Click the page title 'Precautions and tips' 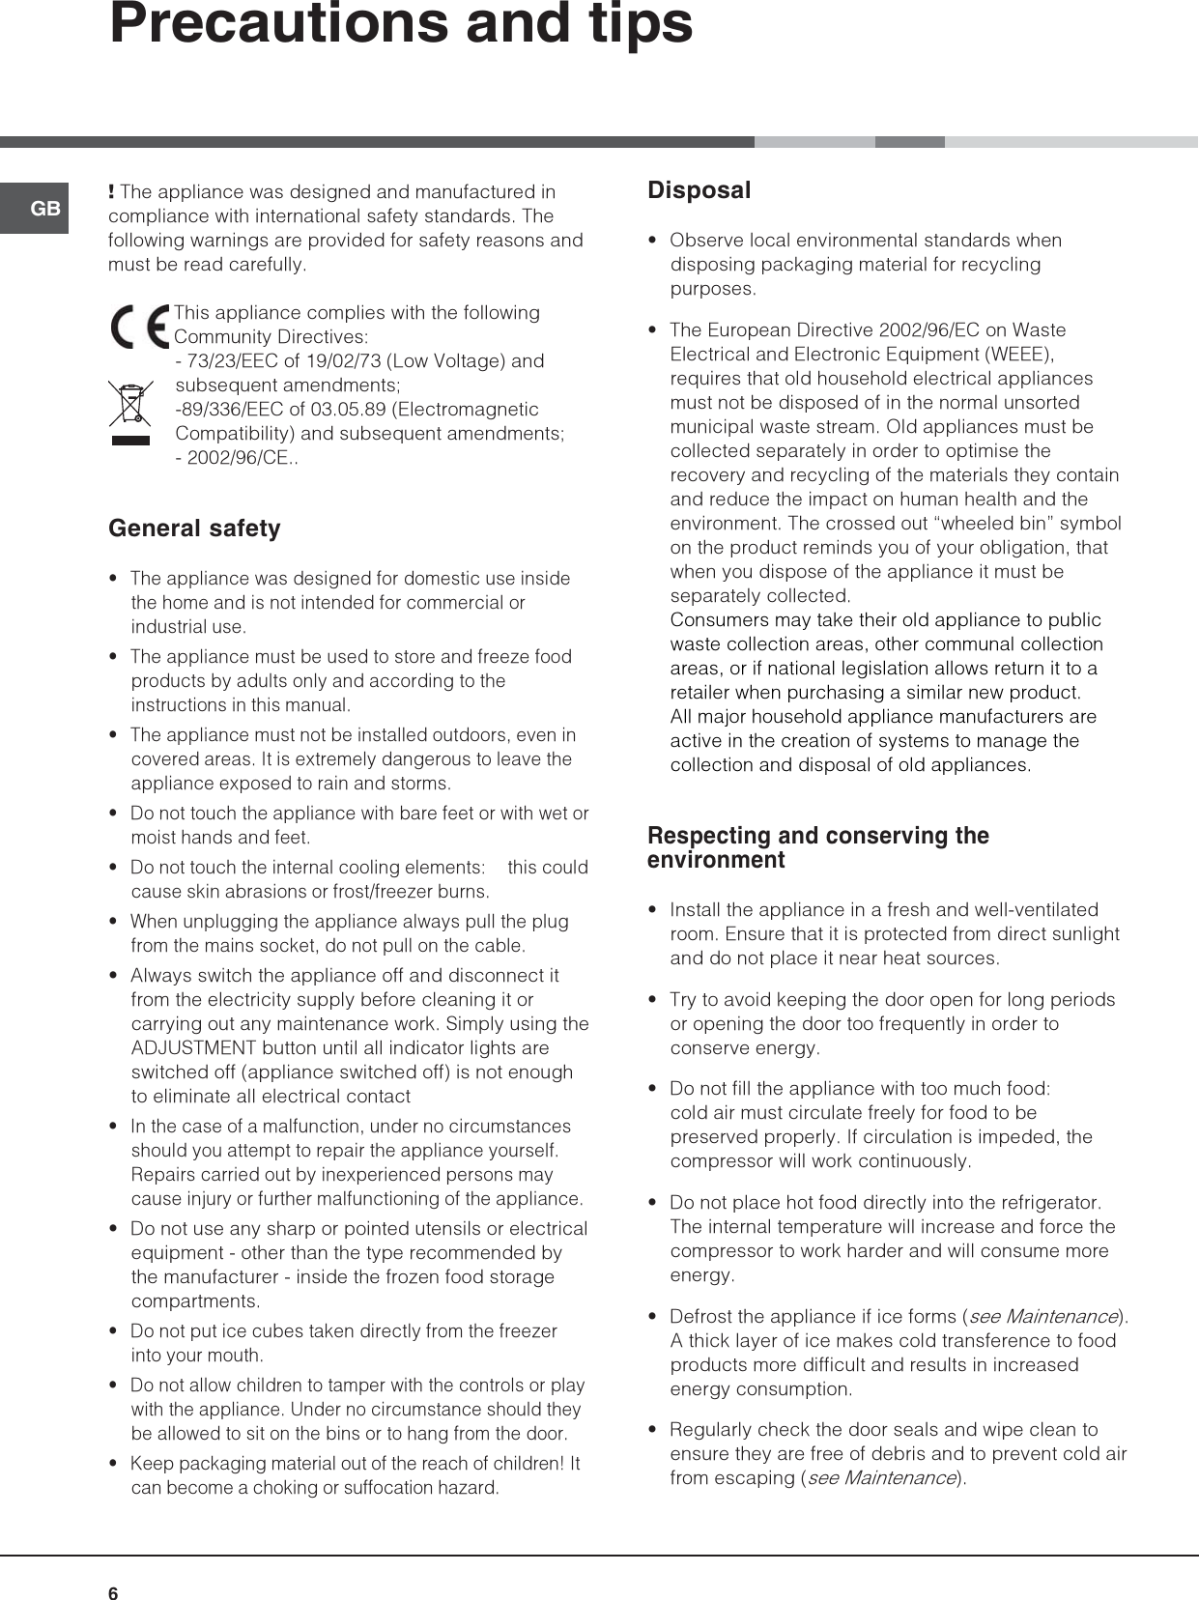tap(401, 23)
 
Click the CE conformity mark tap(139, 326)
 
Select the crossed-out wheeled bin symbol tap(131, 412)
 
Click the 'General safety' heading tap(194, 529)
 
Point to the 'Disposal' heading tap(699, 190)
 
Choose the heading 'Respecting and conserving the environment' tap(817, 847)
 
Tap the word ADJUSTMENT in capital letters tap(194, 1048)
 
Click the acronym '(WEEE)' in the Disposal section tap(1018, 354)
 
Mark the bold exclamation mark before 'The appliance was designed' tap(112, 191)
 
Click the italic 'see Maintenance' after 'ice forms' tap(1042, 1316)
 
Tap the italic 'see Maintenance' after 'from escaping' tap(881, 1477)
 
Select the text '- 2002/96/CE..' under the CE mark tap(237, 458)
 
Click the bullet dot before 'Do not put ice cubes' tap(115, 1331)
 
